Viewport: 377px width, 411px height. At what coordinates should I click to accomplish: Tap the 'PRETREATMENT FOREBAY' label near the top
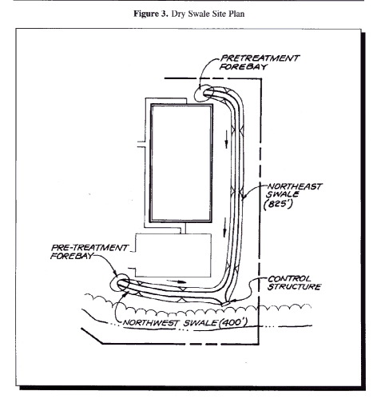(259, 62)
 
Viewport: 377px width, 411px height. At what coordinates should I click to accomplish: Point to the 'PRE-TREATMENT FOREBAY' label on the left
(89, 252)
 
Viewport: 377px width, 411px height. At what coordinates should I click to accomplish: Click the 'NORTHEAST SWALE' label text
(293, 190)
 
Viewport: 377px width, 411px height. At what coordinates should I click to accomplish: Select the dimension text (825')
(278, 204)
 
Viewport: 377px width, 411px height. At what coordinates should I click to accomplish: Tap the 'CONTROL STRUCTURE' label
(294, 283)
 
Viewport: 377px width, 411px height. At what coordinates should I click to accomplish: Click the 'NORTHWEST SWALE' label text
(170, 323)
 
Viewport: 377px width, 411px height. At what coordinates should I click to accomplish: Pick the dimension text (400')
(233, 322)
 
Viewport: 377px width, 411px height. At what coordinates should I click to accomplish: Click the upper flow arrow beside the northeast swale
(226, 139)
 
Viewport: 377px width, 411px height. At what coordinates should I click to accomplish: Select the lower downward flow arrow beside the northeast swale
(224, 227)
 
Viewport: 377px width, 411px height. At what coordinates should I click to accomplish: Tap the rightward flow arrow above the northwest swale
(177, 281)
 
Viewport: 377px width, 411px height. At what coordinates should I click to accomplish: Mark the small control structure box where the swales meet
(226, 303)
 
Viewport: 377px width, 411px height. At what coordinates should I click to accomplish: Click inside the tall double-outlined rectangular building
(181, 163)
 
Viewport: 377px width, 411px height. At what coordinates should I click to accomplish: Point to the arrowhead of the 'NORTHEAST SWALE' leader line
(244, 198)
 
